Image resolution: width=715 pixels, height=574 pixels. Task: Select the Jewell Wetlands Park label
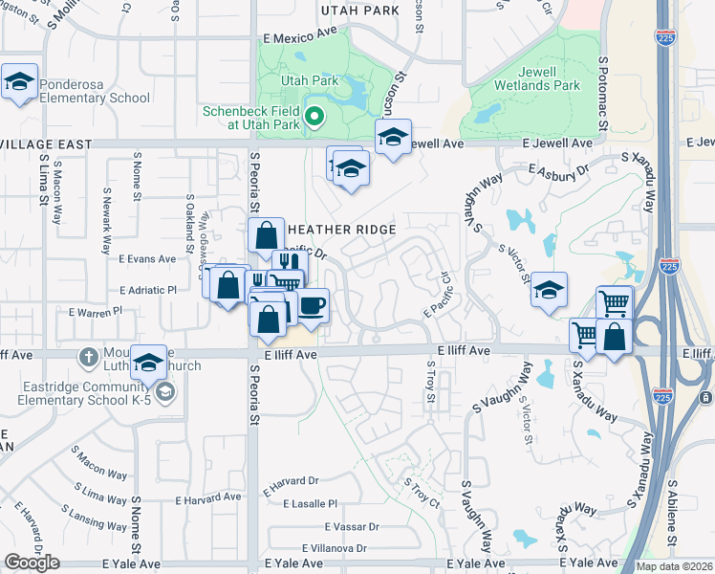(537, 78)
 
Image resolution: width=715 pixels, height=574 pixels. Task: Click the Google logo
(32, 562)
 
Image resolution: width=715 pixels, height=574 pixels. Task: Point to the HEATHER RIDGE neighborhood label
(341, 230)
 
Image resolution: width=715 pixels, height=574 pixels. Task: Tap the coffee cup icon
(313, 305)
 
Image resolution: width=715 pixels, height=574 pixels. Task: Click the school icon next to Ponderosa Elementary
(19, 81)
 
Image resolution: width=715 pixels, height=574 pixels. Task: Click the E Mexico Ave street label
(301, 33)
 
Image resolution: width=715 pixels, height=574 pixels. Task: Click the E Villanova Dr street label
(335, 548)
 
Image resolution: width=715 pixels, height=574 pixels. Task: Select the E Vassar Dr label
(352, 527)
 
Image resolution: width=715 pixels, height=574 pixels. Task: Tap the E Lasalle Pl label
(306, 504)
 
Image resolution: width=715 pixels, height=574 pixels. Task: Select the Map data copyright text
(674, 566)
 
